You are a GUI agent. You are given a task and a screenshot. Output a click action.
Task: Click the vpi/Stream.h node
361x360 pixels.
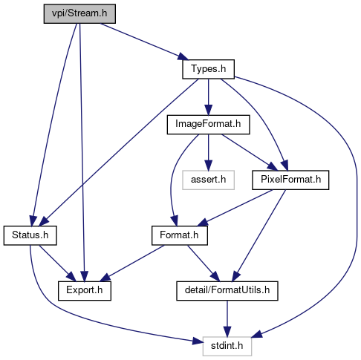pyautogui.click(x=79, y=13)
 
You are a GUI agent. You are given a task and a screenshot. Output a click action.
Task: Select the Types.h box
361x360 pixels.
pyautogui.click(x=208, y=69)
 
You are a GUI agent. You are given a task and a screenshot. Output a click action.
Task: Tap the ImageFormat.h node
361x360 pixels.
pyautogui.click(x=208, y=125)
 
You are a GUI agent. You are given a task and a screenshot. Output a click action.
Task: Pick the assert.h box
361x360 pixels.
pyautogui.click(x=208, y=180)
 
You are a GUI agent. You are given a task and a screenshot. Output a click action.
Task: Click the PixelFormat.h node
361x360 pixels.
pyautogui.click(x=290, y=180)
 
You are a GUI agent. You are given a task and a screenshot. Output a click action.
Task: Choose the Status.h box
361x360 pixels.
pyautogui.click(x=30, y=235)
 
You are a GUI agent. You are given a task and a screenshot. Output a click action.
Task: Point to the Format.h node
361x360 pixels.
pyautogui.click(x=180, y=235)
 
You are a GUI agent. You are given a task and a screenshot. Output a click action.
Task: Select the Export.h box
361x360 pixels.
pyautogui.click(x=85, y=291)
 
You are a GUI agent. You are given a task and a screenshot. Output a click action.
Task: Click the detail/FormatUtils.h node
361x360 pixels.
pyautogui.click(x=227, y=291)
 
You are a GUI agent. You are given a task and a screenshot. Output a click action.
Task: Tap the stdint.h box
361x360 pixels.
pyautogui.click(x=227, y=346)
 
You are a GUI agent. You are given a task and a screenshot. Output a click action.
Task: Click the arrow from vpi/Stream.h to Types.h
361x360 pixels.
pyautogui.click(x=144, y=42)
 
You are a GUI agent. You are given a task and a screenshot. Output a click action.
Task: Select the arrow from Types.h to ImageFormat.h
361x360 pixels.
pyautogui.click(x=208, y=97)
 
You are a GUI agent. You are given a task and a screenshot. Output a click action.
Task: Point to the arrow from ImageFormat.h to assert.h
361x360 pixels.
pyautogui.click(x=208, y=152)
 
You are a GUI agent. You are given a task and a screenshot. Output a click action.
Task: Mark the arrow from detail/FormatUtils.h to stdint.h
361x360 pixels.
pyautogui.click(x=227, y=318)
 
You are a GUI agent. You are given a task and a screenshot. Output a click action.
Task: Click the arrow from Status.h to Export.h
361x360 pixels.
pyautogui.click(x=56, y=263)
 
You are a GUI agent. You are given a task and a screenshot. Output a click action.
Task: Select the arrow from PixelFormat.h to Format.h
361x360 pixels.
pyautogui.click(x=235, y=208)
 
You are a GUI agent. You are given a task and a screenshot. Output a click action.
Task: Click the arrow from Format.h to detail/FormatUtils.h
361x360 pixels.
pyautogui.click(x=204, y=264)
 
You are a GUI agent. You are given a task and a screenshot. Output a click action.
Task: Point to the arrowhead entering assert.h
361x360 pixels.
pyautogui.click(x=208, y=166)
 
